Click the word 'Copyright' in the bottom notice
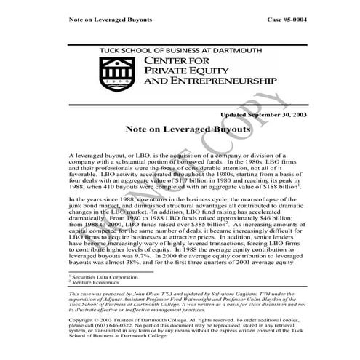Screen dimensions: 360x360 coord(83,319)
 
